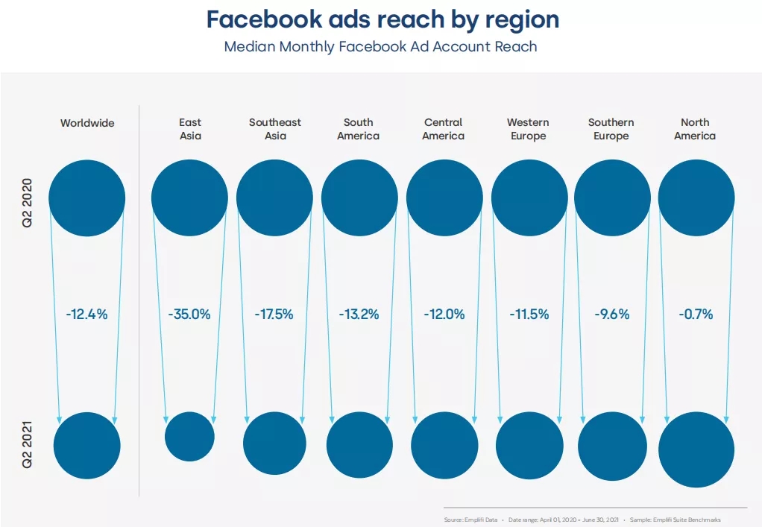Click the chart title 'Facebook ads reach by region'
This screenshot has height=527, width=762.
coord(382,20)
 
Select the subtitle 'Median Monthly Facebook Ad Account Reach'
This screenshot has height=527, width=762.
coord(380,46)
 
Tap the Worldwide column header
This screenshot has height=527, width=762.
coord(88,122)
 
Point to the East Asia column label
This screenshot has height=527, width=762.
coord(190,129)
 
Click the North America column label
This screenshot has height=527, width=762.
coord(695,129)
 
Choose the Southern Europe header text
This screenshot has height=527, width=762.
coord(611,129)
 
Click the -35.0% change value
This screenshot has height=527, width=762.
coord(189,315)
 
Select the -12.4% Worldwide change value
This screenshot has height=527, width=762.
coord(86,315)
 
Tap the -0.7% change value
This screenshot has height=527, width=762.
coord(696,315)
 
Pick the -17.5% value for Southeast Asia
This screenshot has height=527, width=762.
coord(274,315)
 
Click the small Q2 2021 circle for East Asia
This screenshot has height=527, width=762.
coord(189,437)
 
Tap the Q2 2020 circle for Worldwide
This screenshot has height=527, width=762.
coord(86,198)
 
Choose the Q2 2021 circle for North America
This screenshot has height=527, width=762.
coord(696,449)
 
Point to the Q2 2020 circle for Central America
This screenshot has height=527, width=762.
coord(444,198)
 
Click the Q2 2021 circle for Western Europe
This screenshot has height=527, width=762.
coord(529,445)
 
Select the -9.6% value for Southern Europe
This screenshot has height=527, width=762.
coord(612,315)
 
